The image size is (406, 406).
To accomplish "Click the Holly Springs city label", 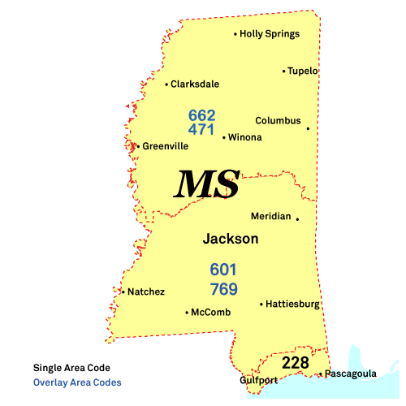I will point(270,34).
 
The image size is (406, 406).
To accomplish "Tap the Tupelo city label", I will point(303,71).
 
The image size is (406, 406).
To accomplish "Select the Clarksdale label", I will point(195,84).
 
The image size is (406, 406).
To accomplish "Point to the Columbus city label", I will point(278,121).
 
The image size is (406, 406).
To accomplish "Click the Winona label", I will point(245,137).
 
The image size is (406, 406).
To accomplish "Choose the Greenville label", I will point(165,146).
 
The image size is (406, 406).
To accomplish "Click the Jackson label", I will point(231,240).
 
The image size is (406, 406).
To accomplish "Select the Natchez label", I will point(146,292).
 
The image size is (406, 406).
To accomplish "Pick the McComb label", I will point(210,312).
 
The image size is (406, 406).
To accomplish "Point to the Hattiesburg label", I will point(292,304).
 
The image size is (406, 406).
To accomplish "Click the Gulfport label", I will point(257,380).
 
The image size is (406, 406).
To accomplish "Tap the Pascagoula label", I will point(351,374).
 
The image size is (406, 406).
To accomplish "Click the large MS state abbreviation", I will point(208,185).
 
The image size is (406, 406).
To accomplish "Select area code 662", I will point(201,115).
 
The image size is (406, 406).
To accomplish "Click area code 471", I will point(201,129).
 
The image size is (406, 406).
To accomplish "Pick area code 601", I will point(223,269).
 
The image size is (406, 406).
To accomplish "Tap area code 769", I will point(223,289).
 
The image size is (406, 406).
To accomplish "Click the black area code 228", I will point(295,362).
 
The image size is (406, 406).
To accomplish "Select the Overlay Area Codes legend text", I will point(77,382).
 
